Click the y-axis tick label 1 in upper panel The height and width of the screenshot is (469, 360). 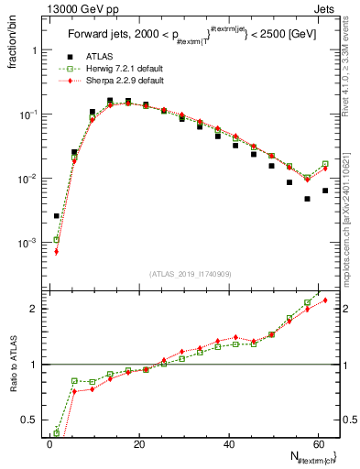36,50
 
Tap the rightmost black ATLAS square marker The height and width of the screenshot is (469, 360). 325,191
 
